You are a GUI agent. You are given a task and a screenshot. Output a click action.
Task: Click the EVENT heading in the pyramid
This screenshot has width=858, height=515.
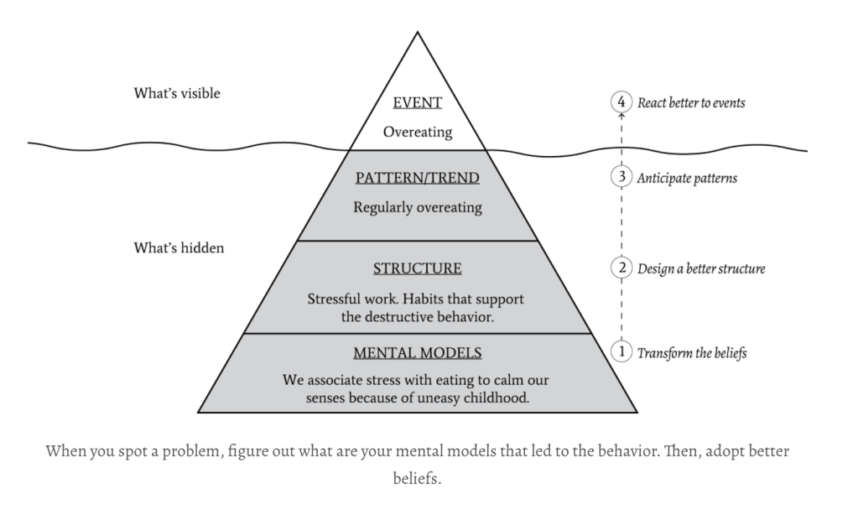[417, 102]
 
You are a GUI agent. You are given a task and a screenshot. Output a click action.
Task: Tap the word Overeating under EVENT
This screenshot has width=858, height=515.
[417, 132]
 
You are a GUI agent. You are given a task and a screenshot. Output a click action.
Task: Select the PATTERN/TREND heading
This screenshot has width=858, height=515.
[417, 178]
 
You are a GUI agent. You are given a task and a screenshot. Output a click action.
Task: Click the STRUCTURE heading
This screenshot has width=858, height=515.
[417, 269]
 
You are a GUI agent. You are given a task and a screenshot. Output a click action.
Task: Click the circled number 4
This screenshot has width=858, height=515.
[620, 102]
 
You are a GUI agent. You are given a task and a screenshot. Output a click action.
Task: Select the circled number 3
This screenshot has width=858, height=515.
[620, 178]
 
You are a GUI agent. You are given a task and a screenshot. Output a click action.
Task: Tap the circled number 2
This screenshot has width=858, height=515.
[620, 269]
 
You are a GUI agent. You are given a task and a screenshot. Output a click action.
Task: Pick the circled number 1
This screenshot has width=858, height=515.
[620, 352]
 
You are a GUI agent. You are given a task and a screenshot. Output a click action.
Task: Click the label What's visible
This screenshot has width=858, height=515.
[177, 93]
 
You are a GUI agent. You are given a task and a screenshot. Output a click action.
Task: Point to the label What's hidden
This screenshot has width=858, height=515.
[179, 248]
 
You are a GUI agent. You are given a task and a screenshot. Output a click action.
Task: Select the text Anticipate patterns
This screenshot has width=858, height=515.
[687, 179]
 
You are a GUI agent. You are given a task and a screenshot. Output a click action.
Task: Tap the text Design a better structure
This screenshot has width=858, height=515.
[701, 269]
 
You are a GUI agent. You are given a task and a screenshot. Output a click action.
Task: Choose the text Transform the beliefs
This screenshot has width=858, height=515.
[691, 352]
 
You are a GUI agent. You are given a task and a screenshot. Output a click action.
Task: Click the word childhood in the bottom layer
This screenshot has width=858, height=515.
[499, 397]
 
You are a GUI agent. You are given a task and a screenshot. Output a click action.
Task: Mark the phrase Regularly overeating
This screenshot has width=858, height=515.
[417, 207]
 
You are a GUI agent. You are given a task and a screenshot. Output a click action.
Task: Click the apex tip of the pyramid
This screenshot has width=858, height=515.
[417, 33]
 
